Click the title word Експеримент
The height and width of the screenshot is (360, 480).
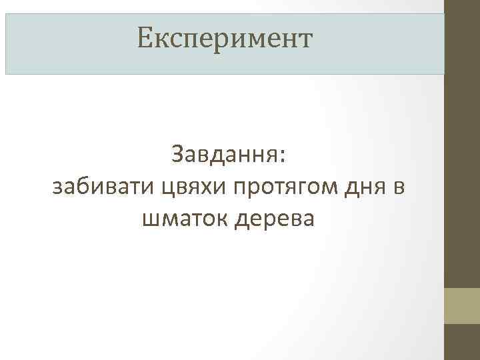pos(224,38)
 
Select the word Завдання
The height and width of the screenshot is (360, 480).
pos(226,155)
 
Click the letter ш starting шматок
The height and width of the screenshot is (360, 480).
pos(149,219)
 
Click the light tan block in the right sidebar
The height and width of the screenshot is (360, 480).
pos(462,306)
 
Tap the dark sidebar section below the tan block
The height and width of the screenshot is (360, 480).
pos(462,343)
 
